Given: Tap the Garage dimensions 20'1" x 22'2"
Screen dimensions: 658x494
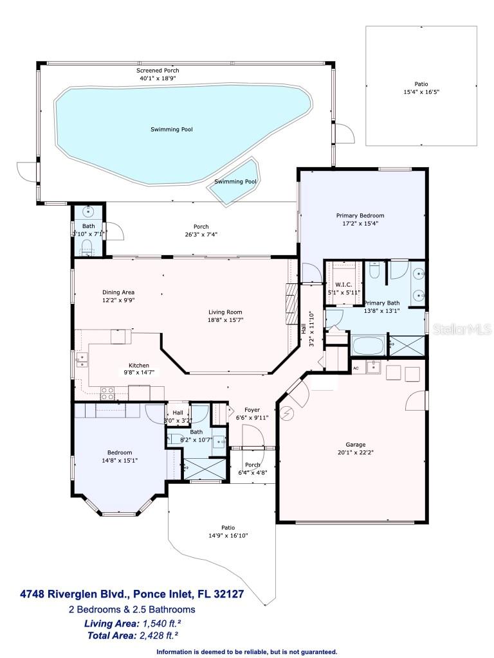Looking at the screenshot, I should pyautogui.click(x=355, y=454).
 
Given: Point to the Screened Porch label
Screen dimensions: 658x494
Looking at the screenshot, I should pyautogui.click(x=157, y=70).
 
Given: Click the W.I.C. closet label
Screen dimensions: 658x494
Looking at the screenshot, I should pyautogui.click(x=342, y=284).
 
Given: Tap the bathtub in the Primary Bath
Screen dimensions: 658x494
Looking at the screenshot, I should pyautogui.click(x=368, y=346).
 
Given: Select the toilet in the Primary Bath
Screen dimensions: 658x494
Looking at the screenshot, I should pyautogui.click(x=376, y=272).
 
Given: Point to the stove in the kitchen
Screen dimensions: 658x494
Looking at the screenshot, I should pyautogui.click(x=107, y=393).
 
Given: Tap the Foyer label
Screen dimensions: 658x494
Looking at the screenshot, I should pyautogui.click(x=252, y=409).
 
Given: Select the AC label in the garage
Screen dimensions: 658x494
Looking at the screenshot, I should pyautogui.click(x=356, y=368).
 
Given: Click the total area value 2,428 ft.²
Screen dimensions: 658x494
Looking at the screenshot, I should pyautogui.click(x=157, y=636).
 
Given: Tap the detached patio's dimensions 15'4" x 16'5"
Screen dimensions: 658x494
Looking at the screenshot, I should pyautogui.click(x=421, y=92).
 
